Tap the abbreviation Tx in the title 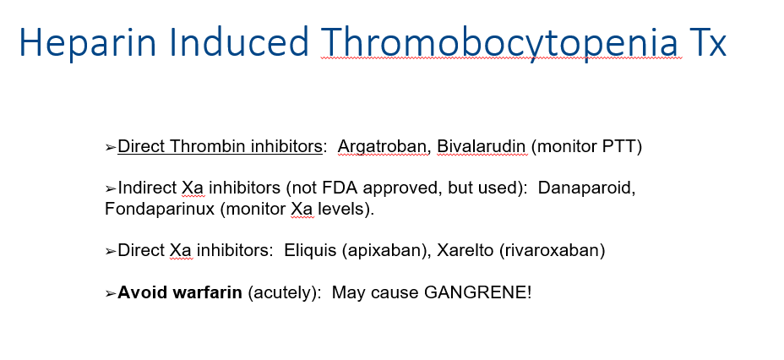click(x=707, y=42)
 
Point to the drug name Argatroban click(x=382, y=146)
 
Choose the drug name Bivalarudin click(x=482, y=146)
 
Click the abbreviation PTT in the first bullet click(x=618, y=146)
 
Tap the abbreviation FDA click(x=340, y=188)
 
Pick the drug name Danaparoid click(x=586, y=188)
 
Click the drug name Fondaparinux click(x=160, y=209)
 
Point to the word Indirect click(x=147, y=188)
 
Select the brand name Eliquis click(x=310, y=250)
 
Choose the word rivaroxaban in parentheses click(x=552, y=250)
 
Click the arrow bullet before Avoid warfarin click(x=111, y=293)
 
